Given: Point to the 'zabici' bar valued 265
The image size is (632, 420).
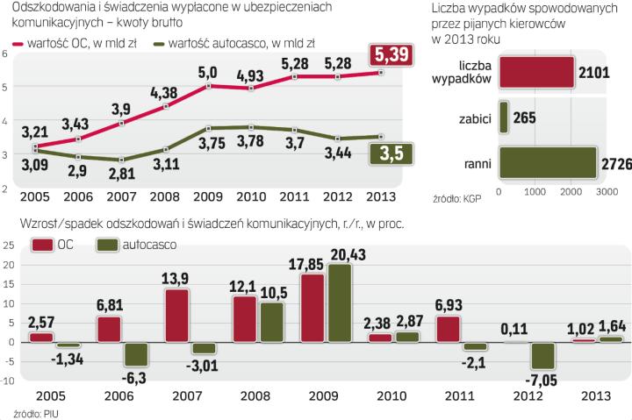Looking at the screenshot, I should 503,117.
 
